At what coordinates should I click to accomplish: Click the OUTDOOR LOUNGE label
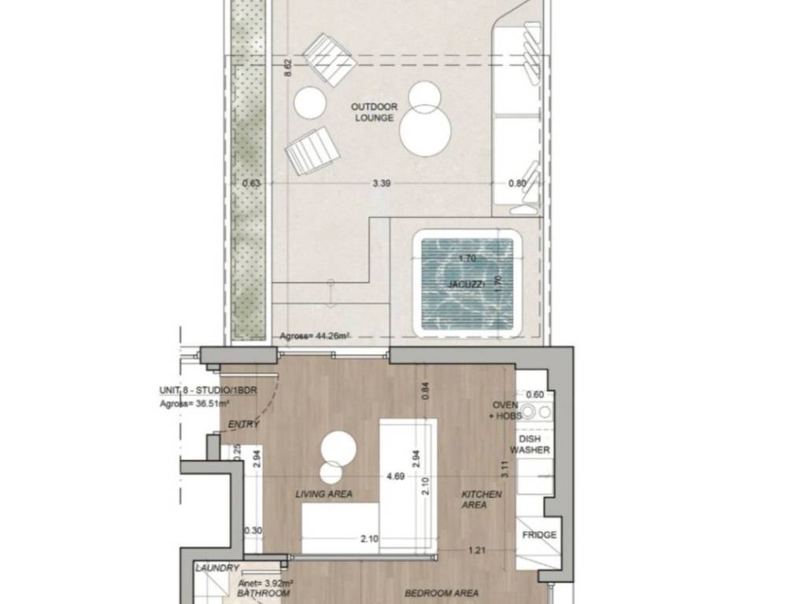[x=374, y=112]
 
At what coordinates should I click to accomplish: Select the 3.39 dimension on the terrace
[x=381, y=183]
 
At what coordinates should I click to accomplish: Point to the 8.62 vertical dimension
[x=288, y=68]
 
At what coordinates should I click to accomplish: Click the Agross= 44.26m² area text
[x=315, y=337]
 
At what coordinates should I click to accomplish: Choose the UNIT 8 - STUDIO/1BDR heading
[x=208, y=391]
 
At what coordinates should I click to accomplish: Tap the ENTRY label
[x=243, y=425]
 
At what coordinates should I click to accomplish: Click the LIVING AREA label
[x=324, y=494]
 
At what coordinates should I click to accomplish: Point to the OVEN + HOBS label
[x=506, y=411]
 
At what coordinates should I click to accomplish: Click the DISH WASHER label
[x=530, y=444]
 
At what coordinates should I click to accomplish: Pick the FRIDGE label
[x=539, y=535]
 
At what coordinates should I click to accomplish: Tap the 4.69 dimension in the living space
[x=395, y=477]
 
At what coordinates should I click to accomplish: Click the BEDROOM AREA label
[x=442, y=593]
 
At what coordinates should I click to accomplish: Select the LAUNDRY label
[x=217, y=568]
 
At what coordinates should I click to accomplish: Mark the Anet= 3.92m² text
[x=266, y=584]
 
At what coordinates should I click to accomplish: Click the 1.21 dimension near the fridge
[x=476, y=551]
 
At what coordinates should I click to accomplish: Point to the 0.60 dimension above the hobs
[x=534, y=395]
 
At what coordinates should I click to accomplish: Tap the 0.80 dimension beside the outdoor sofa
[x=517, y=183]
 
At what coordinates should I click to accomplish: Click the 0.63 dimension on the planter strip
[x=251, y=183]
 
